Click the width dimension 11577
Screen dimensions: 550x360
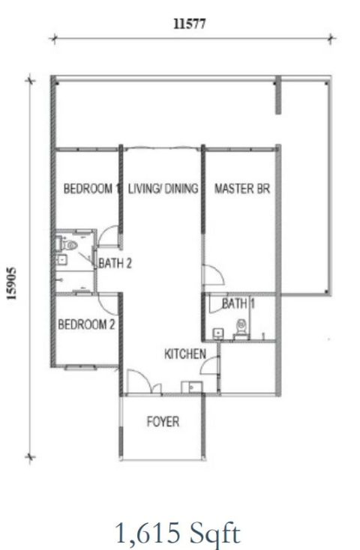(190, 23)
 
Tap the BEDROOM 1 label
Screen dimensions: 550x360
(91, 190)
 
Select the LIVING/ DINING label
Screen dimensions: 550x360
(163, 190)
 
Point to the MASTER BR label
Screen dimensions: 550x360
(241, 190)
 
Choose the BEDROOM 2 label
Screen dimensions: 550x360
(86, 324)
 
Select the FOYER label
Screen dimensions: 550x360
(163, 422)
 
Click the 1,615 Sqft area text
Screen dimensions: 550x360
(178, 534)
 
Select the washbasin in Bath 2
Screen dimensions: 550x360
(61, 260)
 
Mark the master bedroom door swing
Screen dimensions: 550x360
(211, 274)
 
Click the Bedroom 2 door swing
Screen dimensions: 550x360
(109, 303)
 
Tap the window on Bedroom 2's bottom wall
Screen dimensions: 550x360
(79, 367)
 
